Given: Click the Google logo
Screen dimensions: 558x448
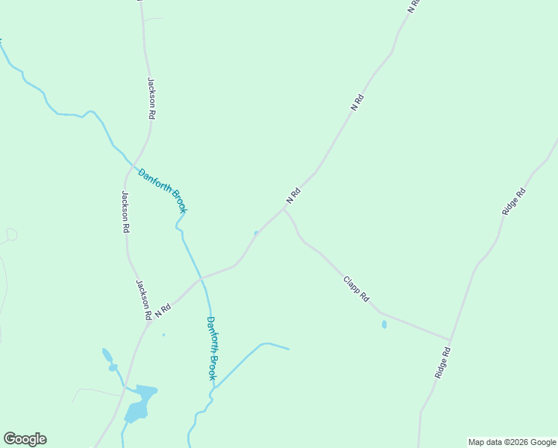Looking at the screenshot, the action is click(25, 439).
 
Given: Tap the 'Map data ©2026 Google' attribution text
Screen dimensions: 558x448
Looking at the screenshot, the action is click(512, 442).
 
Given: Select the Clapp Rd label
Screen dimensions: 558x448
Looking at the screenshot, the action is click(356, 289).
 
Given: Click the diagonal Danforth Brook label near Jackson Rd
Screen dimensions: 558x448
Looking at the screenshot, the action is click(162, 190).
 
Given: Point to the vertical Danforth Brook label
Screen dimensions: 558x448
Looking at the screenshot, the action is click(211, 349).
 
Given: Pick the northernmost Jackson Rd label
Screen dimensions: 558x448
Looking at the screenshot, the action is click(151, 99).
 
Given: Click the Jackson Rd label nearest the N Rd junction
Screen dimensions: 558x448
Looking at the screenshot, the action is click(143, 299).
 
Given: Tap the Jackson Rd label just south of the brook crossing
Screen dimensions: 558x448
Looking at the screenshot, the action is click(125, 213).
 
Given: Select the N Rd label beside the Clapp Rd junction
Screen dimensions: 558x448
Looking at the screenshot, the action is click(292, 196).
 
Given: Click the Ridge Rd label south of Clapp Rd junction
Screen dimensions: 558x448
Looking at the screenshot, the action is click(444, 361).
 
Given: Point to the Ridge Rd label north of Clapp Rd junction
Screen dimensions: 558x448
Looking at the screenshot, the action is click(514, 202).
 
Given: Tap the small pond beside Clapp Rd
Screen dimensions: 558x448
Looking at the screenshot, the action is click(384, 325).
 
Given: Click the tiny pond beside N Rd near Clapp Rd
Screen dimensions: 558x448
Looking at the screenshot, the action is click(256, 233).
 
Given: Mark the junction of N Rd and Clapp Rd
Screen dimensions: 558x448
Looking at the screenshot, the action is click(283, 208).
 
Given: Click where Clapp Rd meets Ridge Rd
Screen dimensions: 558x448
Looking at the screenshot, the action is click(450, 340).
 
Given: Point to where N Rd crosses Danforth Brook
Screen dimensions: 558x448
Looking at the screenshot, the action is click(200, 278).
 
